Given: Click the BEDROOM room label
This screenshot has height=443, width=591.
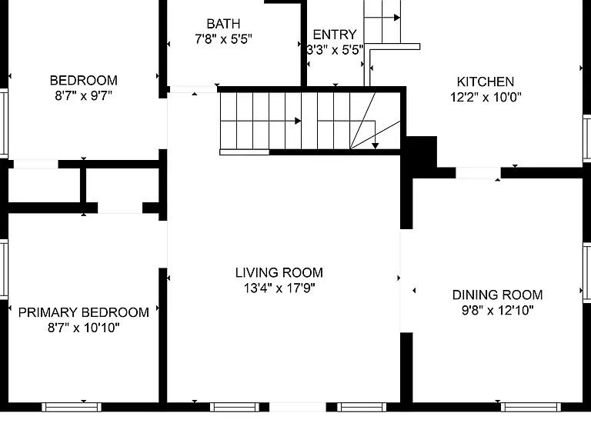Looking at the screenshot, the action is (84, 80).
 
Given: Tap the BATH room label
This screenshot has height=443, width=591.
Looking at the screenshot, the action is (223, 24).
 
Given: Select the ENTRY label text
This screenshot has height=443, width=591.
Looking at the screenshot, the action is (335, 35).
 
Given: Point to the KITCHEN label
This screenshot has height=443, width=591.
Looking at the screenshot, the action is (486, 82).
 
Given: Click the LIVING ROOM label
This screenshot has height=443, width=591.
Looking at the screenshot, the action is (279, 272).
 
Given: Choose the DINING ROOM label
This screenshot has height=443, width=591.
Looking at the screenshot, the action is (498, 295).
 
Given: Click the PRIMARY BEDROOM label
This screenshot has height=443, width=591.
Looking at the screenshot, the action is (84, 312).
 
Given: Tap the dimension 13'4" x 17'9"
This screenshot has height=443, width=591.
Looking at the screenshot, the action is (279, 288).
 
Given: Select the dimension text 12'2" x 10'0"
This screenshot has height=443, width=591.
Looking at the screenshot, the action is (486, 97).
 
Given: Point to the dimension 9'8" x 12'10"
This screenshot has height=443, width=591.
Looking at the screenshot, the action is (498, 311).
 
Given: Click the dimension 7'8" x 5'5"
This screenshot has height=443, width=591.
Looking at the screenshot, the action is (223, 39).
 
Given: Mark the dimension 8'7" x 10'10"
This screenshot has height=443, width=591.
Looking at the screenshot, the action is (84, 328).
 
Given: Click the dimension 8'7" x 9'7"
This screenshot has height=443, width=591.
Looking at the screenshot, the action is (84, 95).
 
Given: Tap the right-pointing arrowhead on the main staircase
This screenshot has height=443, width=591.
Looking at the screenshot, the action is (298, 121).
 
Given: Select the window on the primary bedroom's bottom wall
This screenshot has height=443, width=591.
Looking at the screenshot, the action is (72, 407).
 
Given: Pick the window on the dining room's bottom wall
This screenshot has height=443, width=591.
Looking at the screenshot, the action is (531, 407).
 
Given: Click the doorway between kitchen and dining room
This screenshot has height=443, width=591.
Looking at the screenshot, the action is (479, 173).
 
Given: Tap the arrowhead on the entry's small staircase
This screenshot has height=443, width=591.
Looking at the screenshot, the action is (397, 18).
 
